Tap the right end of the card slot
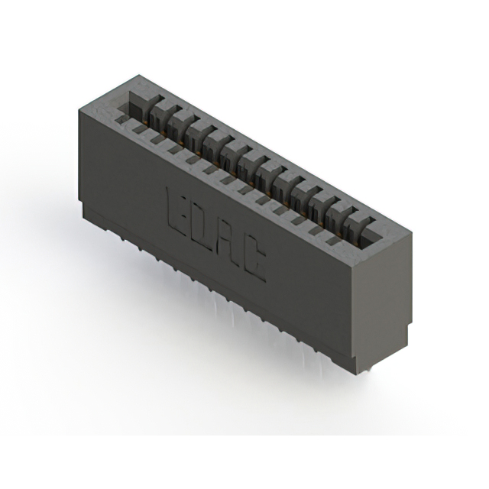coord(368,229)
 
